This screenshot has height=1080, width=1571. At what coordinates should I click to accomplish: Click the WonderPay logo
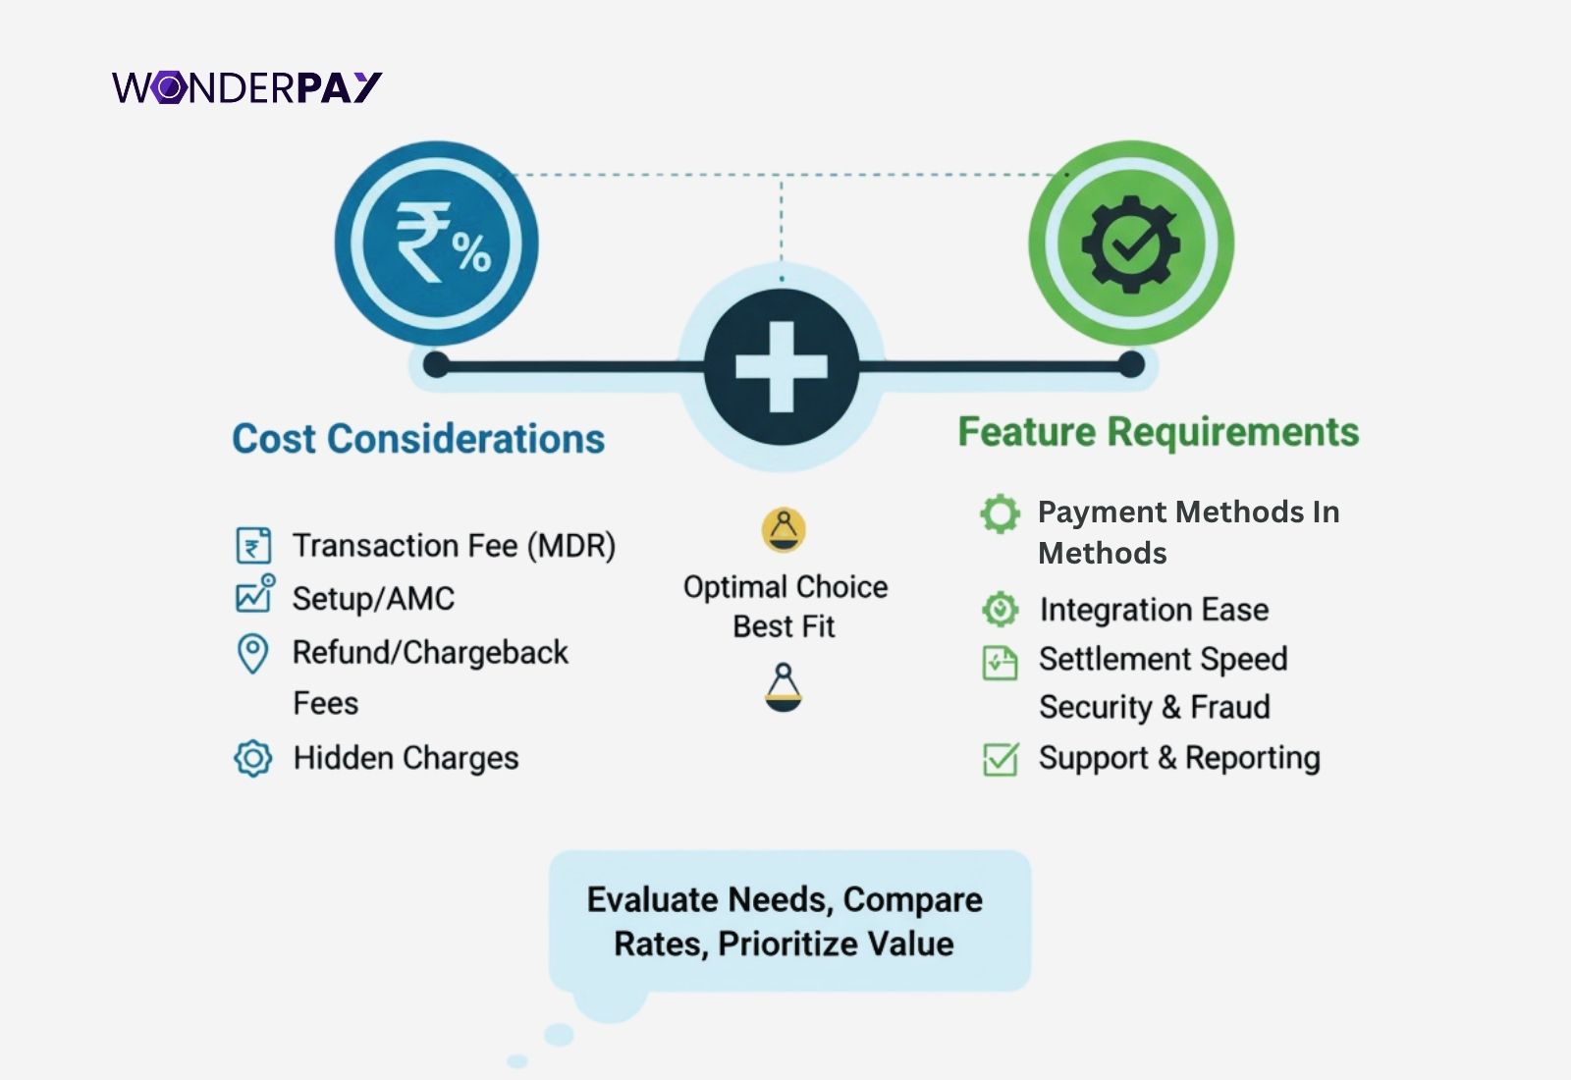246,87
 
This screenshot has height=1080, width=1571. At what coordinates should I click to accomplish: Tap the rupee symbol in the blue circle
423,242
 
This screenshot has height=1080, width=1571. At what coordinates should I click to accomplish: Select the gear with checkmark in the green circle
1131,244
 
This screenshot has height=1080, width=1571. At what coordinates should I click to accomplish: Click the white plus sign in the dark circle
782,367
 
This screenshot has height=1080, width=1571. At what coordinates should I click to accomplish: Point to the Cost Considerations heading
418,439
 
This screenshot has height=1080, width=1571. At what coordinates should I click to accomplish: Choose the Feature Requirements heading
1159,432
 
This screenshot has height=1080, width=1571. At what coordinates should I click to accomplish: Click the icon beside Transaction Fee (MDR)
253,546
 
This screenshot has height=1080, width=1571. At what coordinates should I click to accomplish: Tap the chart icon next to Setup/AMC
255,593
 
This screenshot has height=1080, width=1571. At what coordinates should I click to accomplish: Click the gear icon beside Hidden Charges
253,758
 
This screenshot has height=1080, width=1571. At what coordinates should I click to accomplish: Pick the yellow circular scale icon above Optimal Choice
784,529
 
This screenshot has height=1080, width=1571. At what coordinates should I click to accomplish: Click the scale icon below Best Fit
784,687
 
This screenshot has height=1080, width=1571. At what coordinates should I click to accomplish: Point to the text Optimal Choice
785,588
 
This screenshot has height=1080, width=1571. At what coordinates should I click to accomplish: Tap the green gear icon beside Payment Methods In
1001,513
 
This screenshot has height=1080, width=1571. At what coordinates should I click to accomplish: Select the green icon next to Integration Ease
1001,609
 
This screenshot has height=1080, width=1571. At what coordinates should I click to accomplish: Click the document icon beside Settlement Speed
1001,663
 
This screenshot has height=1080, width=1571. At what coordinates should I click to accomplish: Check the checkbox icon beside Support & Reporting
1001,759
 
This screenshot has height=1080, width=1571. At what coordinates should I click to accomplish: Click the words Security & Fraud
1155,707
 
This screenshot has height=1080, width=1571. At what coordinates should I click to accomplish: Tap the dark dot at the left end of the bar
436,364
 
